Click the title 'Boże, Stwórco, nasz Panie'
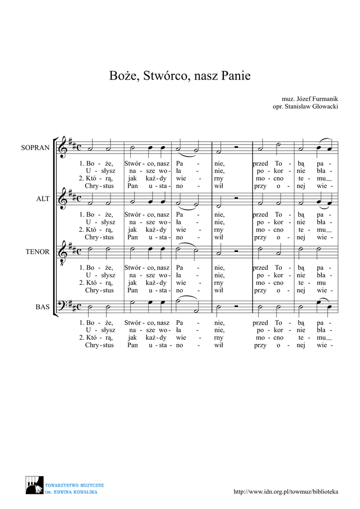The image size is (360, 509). pos(180,76)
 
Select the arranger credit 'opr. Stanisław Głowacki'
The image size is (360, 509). pos(305,107)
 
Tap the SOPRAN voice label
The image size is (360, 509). pos(35,148)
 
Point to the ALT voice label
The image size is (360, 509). pos(43,199)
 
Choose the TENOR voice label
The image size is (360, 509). pos(37,252)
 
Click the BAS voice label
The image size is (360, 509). pos(42,307)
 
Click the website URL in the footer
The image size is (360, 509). pos(286,492)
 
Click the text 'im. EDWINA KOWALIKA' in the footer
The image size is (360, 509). pos(71,492)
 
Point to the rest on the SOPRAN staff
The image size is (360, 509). pos(238,147)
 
